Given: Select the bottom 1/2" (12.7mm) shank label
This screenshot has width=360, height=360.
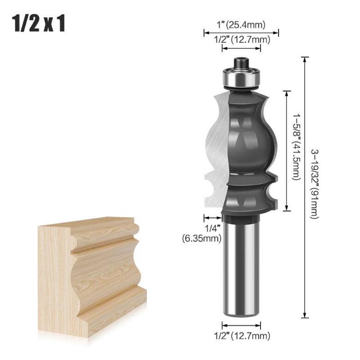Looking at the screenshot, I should (x=241, y=335).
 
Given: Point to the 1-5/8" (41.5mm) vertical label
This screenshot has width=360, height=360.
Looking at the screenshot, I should (x=296, y=147).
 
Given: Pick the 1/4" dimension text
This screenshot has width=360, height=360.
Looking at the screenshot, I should (x=212, y=229).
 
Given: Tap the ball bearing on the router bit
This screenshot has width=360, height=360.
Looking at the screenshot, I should (x=241, y=78).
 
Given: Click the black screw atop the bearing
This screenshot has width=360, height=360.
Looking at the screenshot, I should (x=241, y=62).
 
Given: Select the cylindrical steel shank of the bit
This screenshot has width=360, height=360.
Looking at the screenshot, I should (x=241, y=270).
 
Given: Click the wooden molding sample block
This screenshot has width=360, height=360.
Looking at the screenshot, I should (x=90, y=274).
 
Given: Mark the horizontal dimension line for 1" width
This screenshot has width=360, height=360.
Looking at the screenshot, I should (x=241, y=32).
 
